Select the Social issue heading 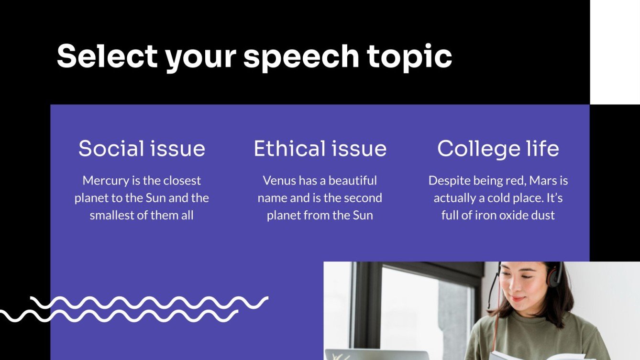click(142, 149)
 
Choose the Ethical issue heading click(320, 149)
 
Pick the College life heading click(498, 149)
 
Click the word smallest click(112, 215)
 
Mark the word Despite click(447, 181)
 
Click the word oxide click(511, 215)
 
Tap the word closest click(182, 181)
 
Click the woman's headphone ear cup click(555, 275)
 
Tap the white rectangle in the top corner click(615, 52)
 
